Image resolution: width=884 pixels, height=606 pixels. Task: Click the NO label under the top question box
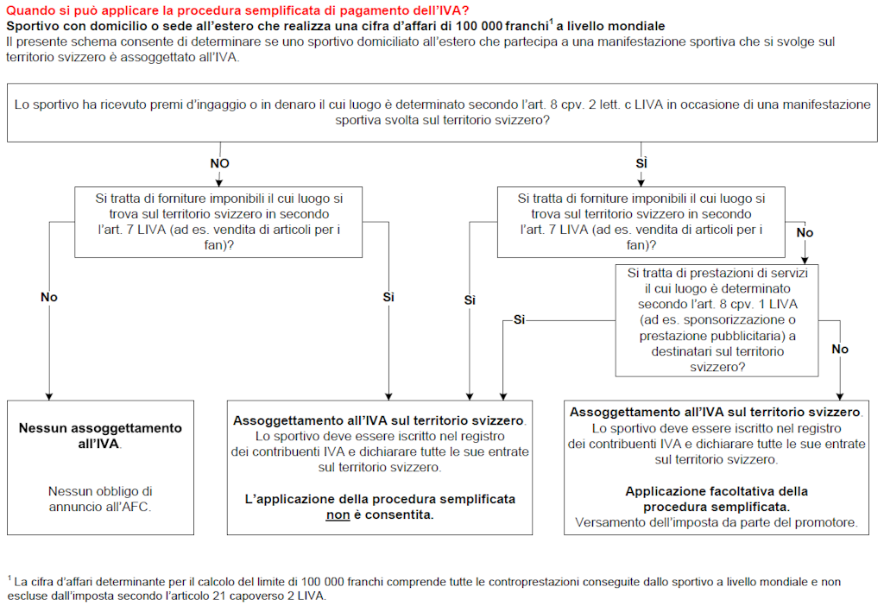click(220, 163)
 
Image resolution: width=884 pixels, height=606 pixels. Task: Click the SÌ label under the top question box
click(641, 163)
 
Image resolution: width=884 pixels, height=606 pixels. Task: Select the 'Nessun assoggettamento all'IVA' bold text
click(100, 436)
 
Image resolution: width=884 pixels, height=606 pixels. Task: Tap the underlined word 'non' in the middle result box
click(338, 514)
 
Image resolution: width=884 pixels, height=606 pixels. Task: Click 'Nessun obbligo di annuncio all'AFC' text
click(100, 499)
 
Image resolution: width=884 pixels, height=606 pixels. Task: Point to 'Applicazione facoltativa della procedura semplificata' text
click(716, 499)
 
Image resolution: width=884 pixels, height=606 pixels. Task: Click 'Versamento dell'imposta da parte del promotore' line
click(716, 522)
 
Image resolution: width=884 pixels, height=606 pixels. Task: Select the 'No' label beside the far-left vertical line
click(48, 297)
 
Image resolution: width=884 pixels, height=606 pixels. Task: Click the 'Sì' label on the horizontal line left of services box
click(519, 319)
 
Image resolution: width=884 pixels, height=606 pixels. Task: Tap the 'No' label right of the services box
click(839, 349)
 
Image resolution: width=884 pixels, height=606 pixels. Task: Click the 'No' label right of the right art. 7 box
click(805, 233)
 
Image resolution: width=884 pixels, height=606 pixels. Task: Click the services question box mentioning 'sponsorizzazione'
click(717, 320)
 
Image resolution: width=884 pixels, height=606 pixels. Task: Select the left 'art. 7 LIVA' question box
click(219, 222)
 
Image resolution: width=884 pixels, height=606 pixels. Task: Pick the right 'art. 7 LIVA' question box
click(641, 222)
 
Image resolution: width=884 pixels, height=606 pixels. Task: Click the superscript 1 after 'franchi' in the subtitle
click(551, 22)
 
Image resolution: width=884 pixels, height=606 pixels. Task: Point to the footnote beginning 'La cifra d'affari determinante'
click(423, 589)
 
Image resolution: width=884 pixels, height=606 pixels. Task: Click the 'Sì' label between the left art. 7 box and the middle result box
click(388, 297)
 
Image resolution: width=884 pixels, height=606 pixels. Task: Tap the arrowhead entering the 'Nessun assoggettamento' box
click(48, 396)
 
